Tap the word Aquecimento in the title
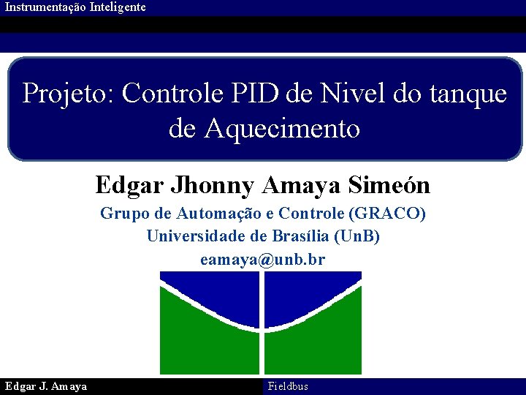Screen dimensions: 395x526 tap(282, 129)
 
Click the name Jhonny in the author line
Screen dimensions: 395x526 tap(212, 185)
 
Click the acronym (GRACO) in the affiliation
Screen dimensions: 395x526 tap(388, 214)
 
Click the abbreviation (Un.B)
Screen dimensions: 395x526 tap(357, 236)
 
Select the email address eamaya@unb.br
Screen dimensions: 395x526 tap(263, 260)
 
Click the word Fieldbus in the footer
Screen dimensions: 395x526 tap(288, 386)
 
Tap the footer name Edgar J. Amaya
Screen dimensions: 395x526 tap(46, 386)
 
